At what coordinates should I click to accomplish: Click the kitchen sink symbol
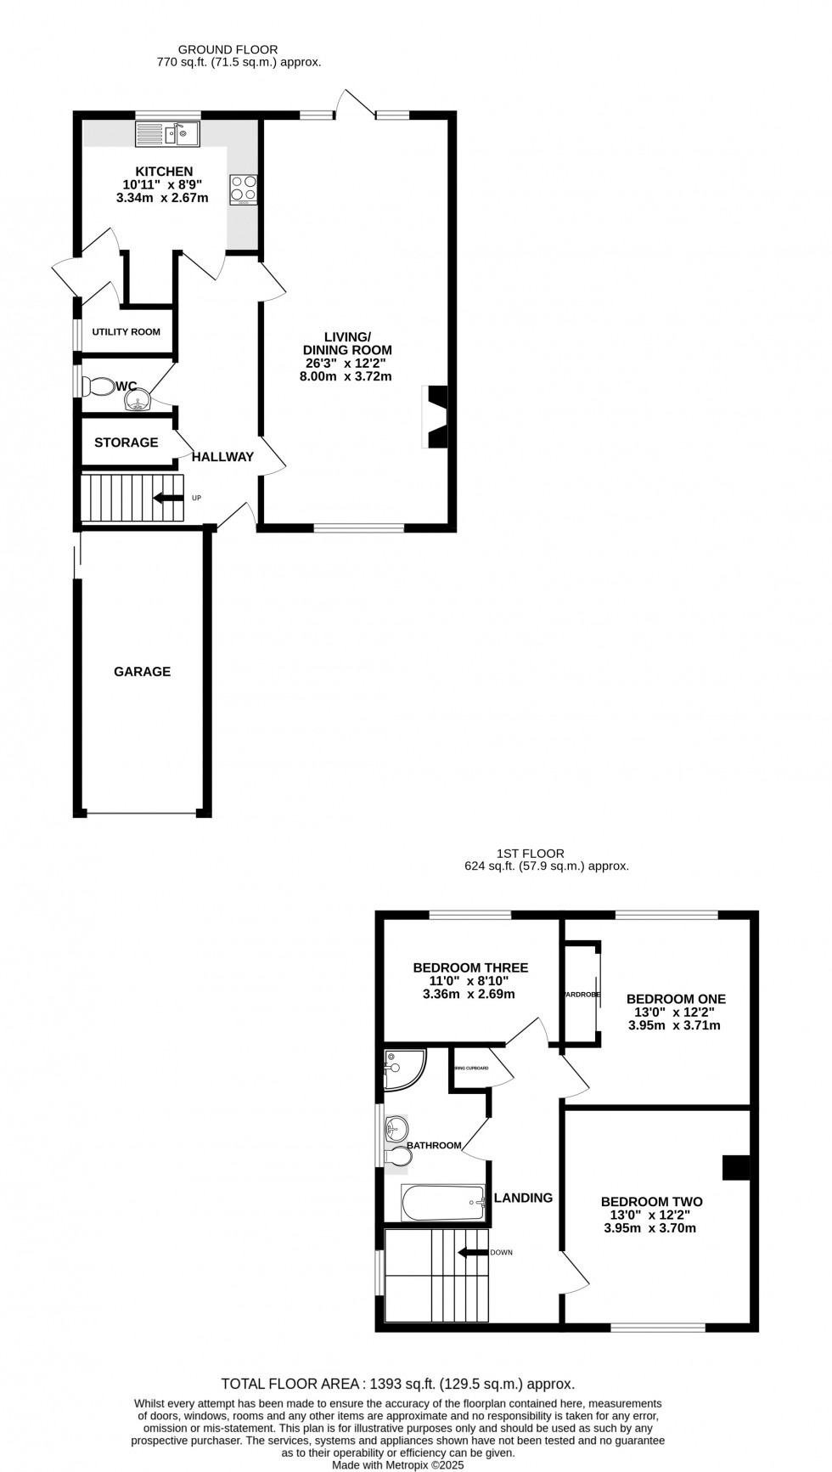(x=167, y=133)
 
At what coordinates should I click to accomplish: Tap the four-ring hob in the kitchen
(x=244, y=189)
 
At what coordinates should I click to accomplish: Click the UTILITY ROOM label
(x=126, y=332)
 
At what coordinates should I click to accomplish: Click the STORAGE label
(x=126, y=443)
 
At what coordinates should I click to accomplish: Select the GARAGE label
(x=143, y=672)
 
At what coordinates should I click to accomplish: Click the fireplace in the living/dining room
(x=436, y=417)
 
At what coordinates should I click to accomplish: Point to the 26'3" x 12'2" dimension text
(x=346, y=364)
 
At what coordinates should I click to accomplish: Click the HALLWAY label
(x=222, y=457)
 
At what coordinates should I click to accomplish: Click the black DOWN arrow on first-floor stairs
(x=473, y=1252)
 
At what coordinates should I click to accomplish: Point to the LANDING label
(x=523, y=1198)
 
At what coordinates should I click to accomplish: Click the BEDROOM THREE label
(x=470, y=967)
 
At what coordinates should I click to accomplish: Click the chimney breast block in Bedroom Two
(x=736, y=1167)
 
